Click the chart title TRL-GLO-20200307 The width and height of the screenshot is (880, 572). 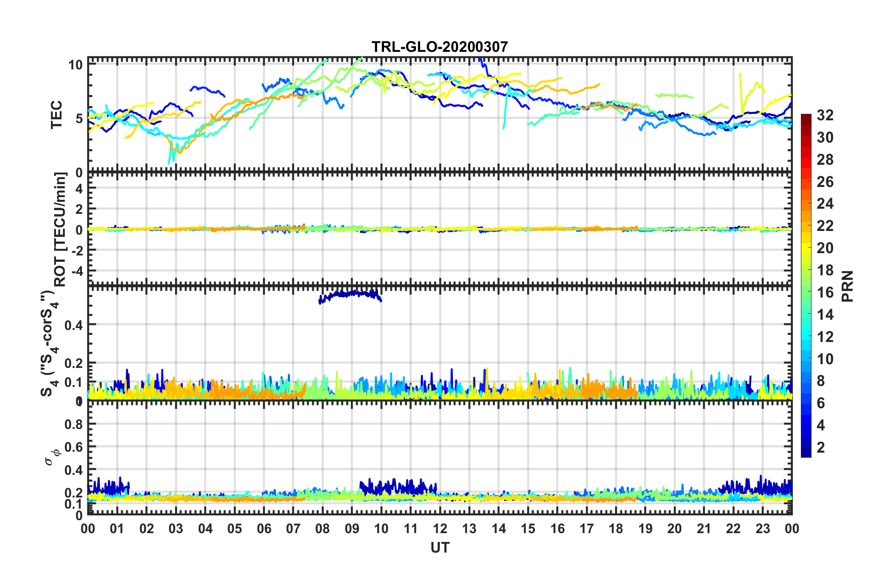click(x=440, y=47)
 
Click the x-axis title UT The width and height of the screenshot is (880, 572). click(x=440, y=548)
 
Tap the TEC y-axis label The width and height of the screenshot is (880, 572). click(x=56, y=115)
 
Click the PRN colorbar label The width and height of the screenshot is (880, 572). click(x=848, y=286)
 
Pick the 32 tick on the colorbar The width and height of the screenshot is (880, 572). click(x=824, y=115)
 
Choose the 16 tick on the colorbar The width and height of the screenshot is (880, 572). click(x=824, y=292)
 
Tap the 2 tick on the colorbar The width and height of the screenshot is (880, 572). click(x=821, y=448)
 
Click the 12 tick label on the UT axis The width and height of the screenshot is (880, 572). click(x=440, y=529)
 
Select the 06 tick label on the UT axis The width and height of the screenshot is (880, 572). click(x=264, y=529)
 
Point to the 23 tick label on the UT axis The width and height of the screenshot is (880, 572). click(x=762, y=529)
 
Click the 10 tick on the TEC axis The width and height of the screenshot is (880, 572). click(x=75, y=65)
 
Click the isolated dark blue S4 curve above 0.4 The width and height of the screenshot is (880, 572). click(x=352, y=293)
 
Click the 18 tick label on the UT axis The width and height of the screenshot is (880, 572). click(x=616, y=529)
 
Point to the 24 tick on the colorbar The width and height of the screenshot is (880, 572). click(x=824, y=204)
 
